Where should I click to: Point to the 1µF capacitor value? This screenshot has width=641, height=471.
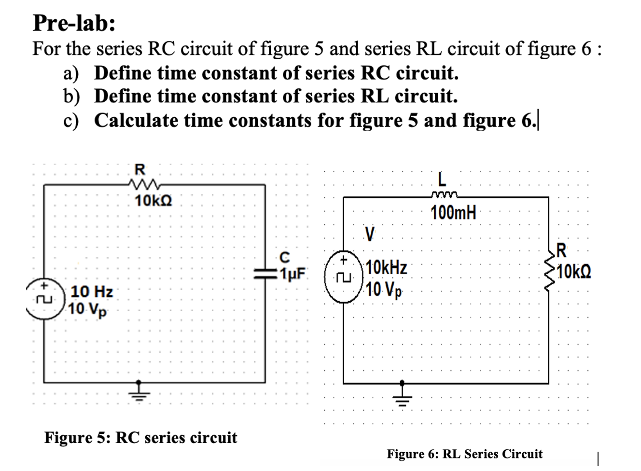pyautogui.click(x=292, y=274)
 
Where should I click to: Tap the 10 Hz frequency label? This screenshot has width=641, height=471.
pyautogui.click(x=92, y=292)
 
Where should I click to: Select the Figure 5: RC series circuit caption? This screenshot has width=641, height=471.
pyautogui.click(x=140, y=437)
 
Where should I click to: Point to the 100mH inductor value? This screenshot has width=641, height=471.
pyautogui.click(x=453, y=212)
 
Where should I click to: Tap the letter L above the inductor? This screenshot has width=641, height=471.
pyautogui.click(x=442, y=180)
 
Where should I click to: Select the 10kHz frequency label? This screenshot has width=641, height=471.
pyautogui.click(x=387, y=267)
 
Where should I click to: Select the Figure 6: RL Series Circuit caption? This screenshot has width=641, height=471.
pyautogui.click(x=464, y=454)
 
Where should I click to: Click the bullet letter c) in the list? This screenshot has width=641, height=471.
pyautogui.click(x=71, y=120)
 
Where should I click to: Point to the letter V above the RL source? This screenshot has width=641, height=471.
pyautogui.click(x=369, y=235)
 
